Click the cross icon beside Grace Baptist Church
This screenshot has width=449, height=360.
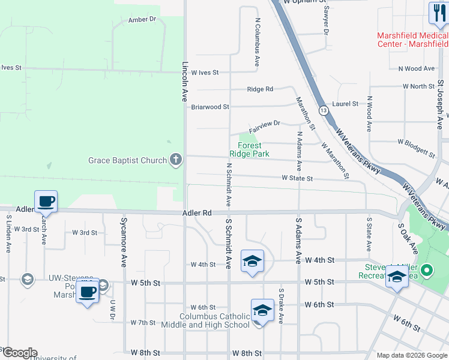point(175,160)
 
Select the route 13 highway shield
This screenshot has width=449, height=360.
point(324,110)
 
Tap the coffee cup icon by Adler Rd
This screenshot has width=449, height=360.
point(46,202)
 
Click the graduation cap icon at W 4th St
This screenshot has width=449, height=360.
point(253,262)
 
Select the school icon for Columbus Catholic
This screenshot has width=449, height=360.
point(262,311)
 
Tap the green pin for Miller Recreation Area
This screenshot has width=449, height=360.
point(426,271)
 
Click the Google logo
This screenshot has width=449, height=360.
point(19,353)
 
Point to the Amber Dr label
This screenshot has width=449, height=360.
point(142,19)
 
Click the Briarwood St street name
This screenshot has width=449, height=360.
point(210,107)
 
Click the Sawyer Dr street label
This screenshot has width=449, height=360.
point(327,19)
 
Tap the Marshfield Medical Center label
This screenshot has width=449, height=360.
point(412,40)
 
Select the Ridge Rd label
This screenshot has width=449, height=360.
point(260,89)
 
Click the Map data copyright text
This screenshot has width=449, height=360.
point(411,355)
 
